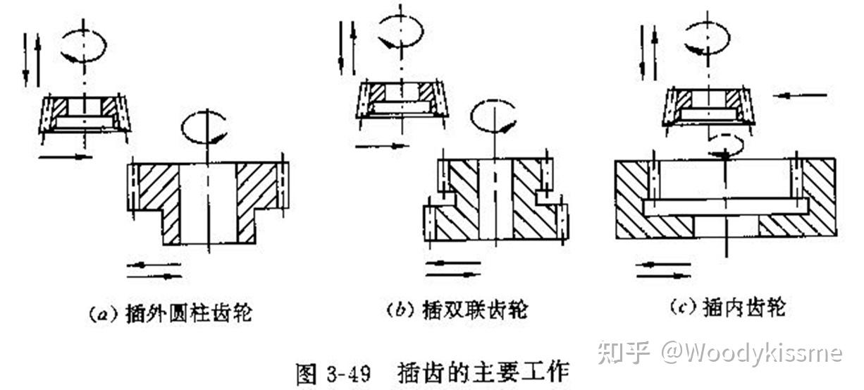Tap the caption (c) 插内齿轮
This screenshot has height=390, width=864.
726,308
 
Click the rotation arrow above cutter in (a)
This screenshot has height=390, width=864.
83,47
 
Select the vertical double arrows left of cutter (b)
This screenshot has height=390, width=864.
345,47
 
